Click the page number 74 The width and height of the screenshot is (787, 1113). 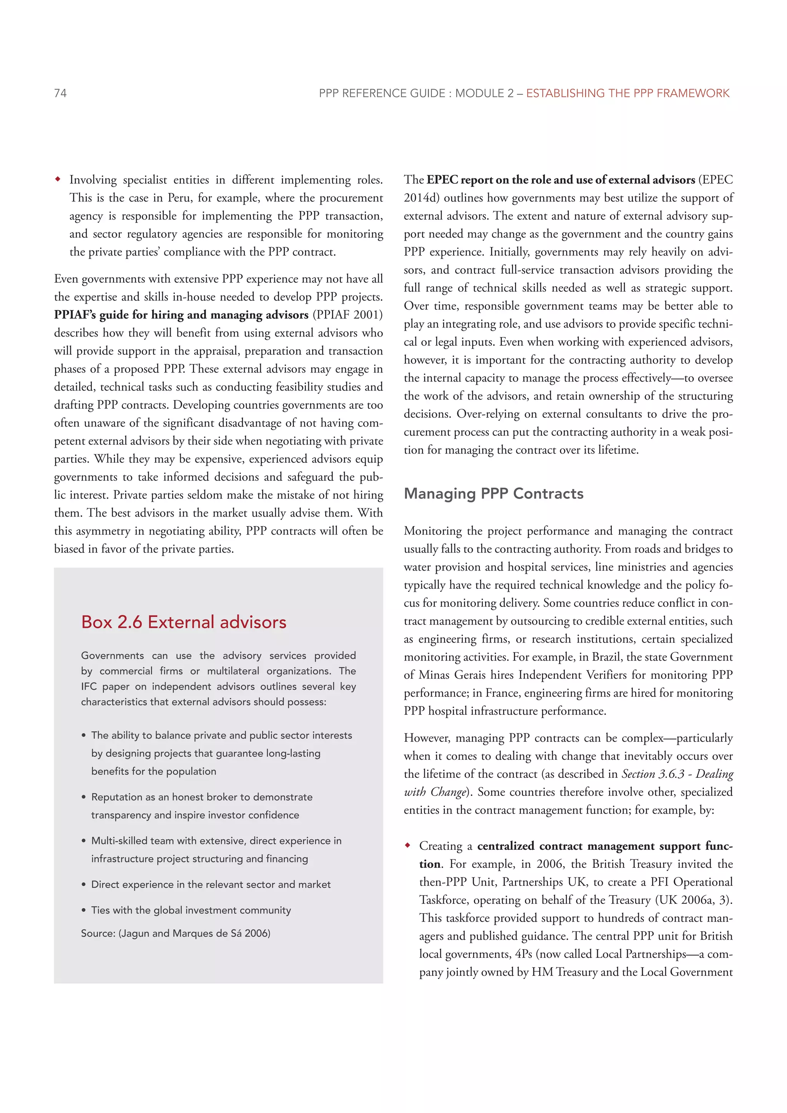(61, 93)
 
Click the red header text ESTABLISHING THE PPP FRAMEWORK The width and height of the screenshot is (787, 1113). (628, 93)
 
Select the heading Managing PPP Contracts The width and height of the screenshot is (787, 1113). (493, 493)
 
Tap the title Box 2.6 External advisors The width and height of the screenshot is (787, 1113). (184, 622)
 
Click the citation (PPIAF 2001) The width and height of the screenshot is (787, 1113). (347, 315)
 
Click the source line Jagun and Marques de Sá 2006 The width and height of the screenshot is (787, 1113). (176, 933)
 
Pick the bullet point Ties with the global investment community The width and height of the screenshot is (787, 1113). (191, 910)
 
